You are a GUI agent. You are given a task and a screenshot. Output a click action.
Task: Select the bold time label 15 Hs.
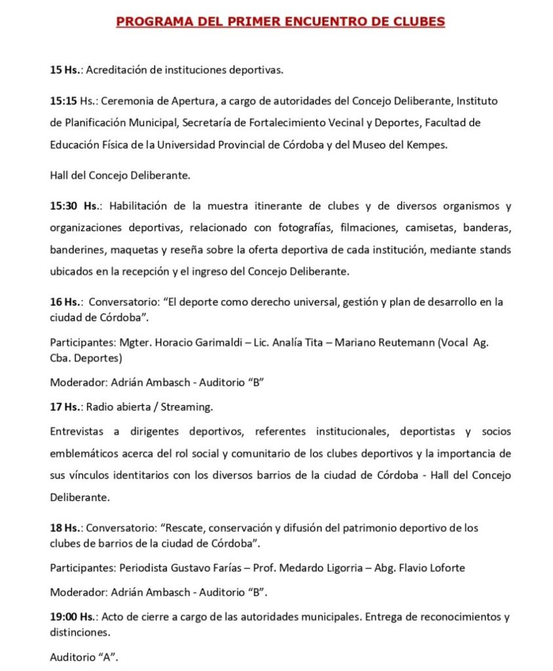click(x=65, y=69)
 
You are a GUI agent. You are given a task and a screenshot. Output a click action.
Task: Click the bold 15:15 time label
click(x=64, y=101)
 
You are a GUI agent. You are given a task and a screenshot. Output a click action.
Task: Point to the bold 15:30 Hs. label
click(x=75, y=206)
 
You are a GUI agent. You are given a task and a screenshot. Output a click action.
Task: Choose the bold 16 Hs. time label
click(x=66, y=302)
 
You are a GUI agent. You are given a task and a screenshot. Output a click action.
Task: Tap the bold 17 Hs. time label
click(x=66, y=407)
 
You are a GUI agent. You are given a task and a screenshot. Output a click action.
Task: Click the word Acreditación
click(x=119, y=69)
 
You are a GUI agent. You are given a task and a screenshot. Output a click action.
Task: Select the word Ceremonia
click(x=137, y=101)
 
